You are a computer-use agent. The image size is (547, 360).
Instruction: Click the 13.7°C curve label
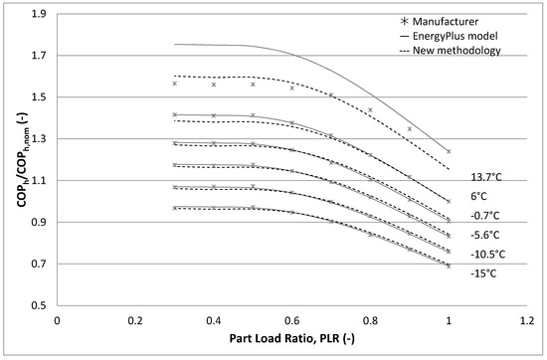[x=487, y=176]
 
